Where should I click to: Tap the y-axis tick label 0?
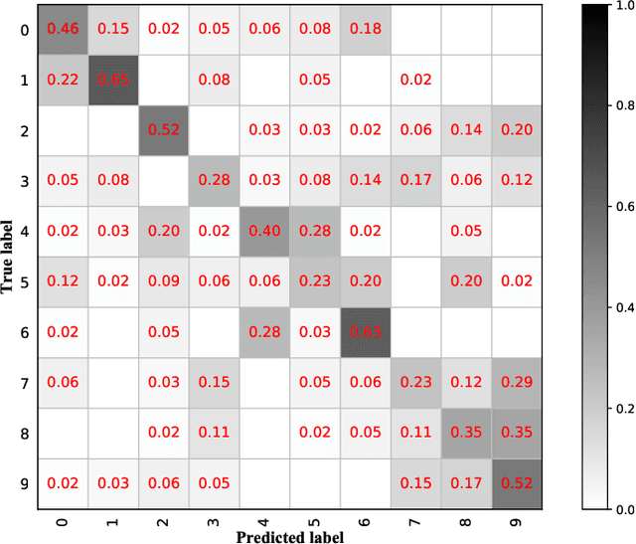click(25, 29)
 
